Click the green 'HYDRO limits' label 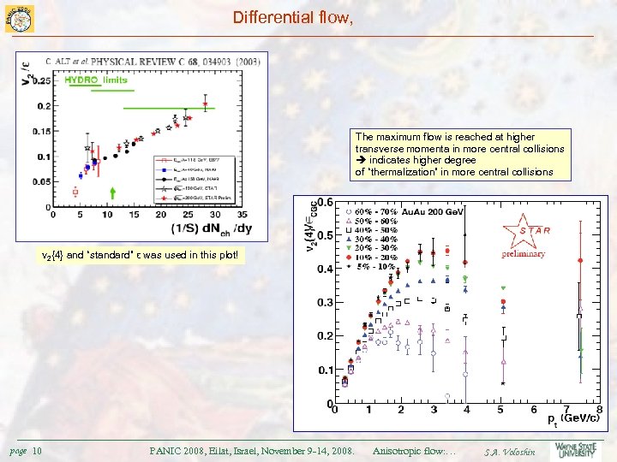click(x=96, y=80)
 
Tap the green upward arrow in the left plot click(x=113, y=192)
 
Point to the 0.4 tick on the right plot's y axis click(x=324, y=269)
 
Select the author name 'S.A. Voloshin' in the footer click(x=509, y=451)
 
